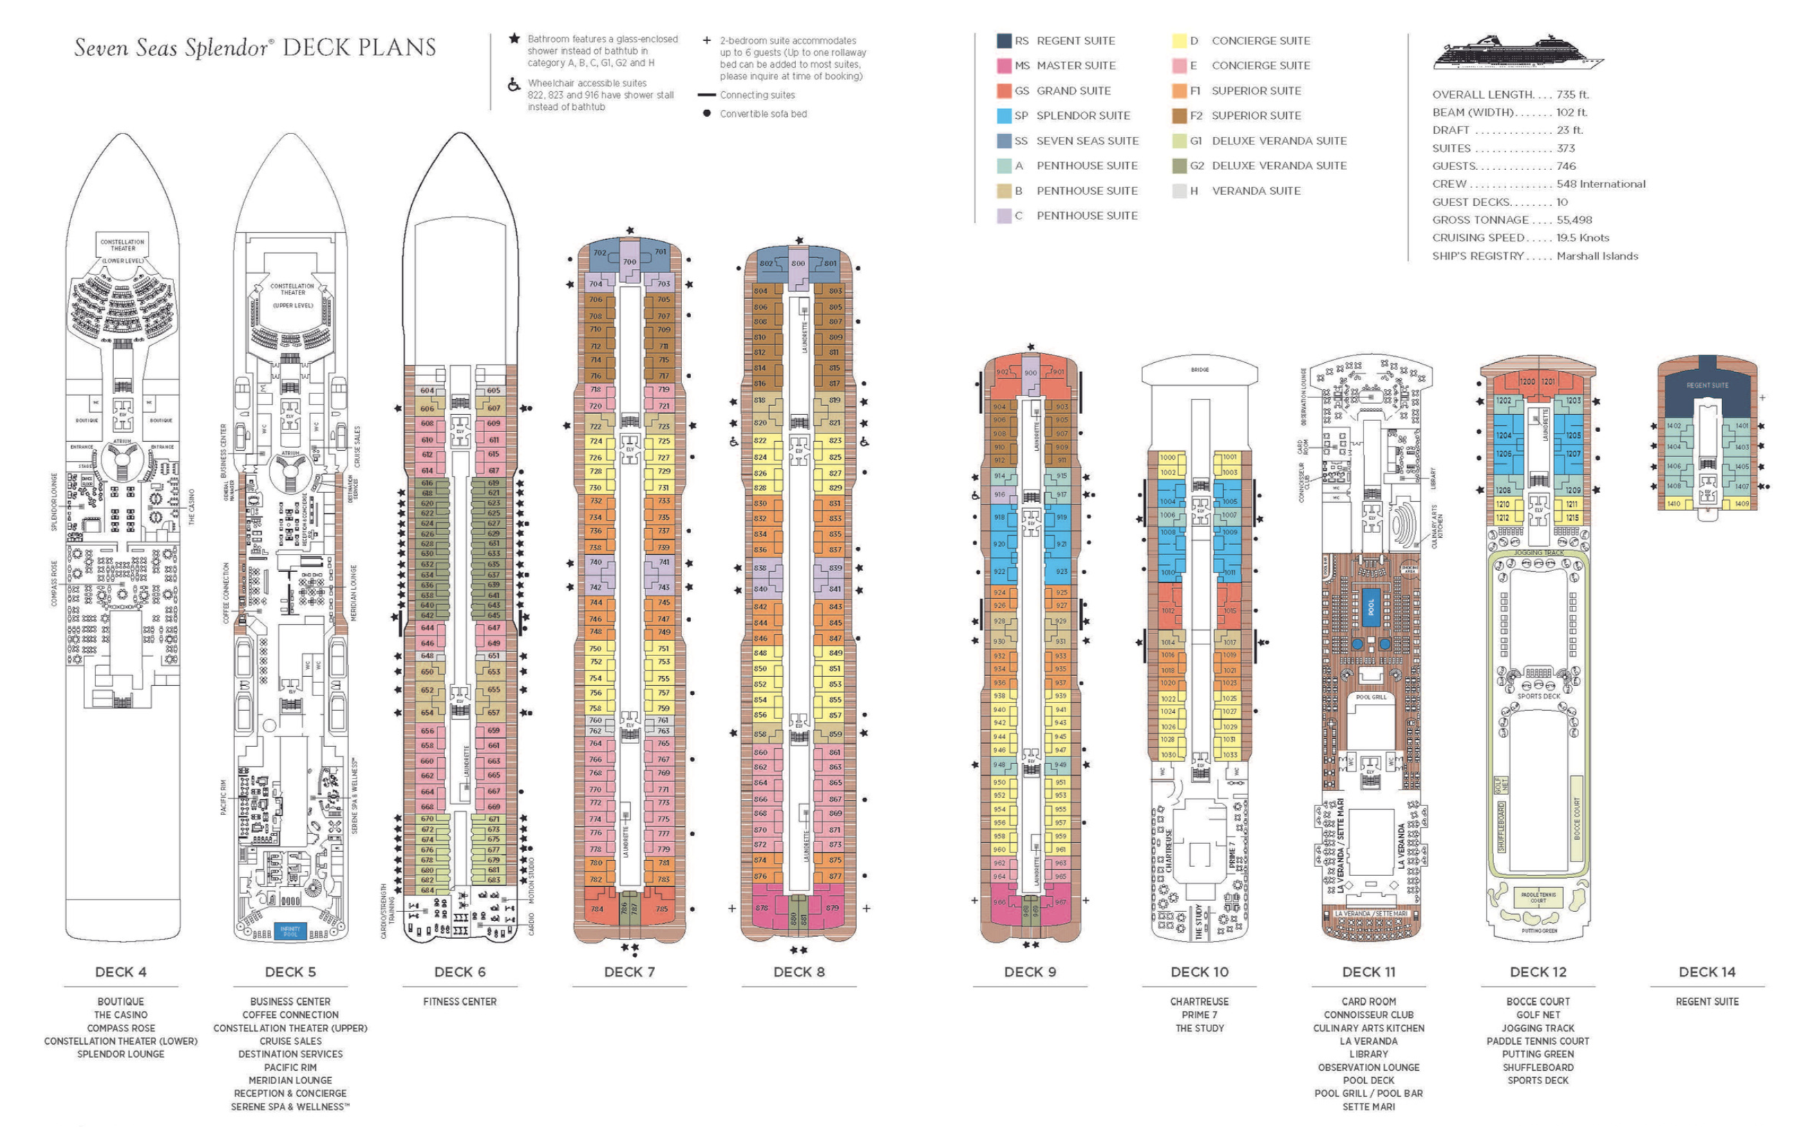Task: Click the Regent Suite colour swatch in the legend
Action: pos(1003,41)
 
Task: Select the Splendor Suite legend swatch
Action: pos(1003,115)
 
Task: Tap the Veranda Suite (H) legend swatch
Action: pos(1179,191)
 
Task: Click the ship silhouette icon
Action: pos(1518,53)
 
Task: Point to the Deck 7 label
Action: pos(629,972)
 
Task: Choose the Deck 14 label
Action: pos(1706,972)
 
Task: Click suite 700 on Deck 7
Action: pos(630,261)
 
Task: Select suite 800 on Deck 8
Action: pos(798,264)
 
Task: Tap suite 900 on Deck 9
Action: pos(1030,373)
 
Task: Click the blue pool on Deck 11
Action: pos(1370,608)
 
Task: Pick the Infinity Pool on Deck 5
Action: pos(290,931)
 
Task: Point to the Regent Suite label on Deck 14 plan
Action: pos(1707,385)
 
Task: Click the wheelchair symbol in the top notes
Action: pos(513,85)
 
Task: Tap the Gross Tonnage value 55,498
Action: pos(1574,220)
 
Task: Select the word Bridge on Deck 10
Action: pos(1200,370)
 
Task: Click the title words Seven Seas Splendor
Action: pos(171,48)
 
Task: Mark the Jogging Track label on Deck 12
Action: pos(1538,553)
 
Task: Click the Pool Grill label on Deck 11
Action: pos(1371,697)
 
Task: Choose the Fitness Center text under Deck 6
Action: pos(460,1002)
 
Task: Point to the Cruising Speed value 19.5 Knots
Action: pos(1583,238)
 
